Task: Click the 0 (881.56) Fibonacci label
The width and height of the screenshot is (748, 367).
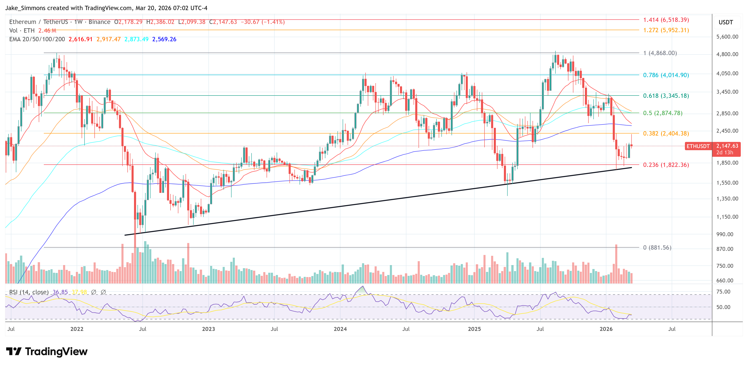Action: point(657,248)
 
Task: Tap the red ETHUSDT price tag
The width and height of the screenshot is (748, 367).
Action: point(698,146)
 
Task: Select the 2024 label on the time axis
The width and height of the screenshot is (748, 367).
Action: point(340,329)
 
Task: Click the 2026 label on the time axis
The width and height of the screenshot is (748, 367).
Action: point(606,329)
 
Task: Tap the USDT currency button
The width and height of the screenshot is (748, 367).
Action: point(726,22)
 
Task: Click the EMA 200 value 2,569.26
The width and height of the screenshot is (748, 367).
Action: point(164,39)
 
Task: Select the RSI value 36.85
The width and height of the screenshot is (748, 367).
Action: point(60,292)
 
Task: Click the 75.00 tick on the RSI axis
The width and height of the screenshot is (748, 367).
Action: point(723,292)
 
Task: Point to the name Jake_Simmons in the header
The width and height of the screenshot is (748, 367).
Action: point(25,8)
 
